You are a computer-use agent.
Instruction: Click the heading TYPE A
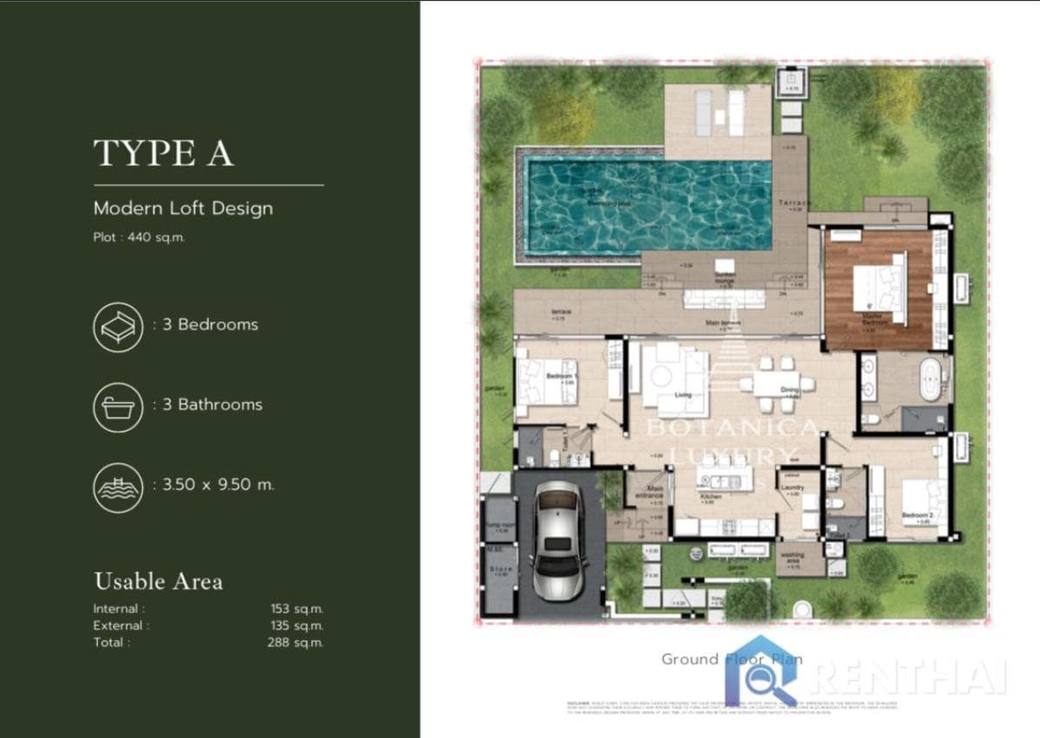pos(163,153)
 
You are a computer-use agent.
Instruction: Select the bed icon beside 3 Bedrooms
pos(118,327)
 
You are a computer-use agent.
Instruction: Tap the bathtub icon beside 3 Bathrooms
pos(118,406)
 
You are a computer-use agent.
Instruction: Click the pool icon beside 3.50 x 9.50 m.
pos(118,487)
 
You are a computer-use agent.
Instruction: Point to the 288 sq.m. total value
pos(295,643)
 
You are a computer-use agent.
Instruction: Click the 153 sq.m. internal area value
pos(296,609)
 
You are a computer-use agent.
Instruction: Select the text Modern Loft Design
pos(183,208)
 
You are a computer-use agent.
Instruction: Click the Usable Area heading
pos(158,581)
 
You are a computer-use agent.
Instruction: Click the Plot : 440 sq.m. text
pos(139,237)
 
